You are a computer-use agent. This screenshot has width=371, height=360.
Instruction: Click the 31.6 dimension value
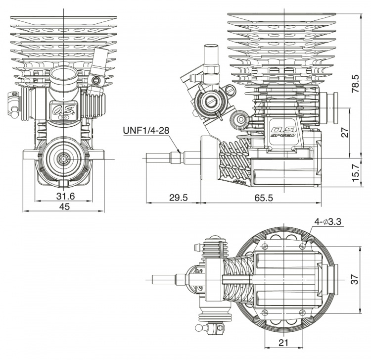coord(65,197)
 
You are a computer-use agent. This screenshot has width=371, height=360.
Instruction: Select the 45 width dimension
coord(64,207)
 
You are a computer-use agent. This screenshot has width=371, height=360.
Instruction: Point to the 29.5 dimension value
coord(178,198)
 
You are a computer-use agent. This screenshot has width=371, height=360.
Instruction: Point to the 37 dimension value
coord(355,280)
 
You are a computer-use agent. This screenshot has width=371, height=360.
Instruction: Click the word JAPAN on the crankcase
coord(239,182)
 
